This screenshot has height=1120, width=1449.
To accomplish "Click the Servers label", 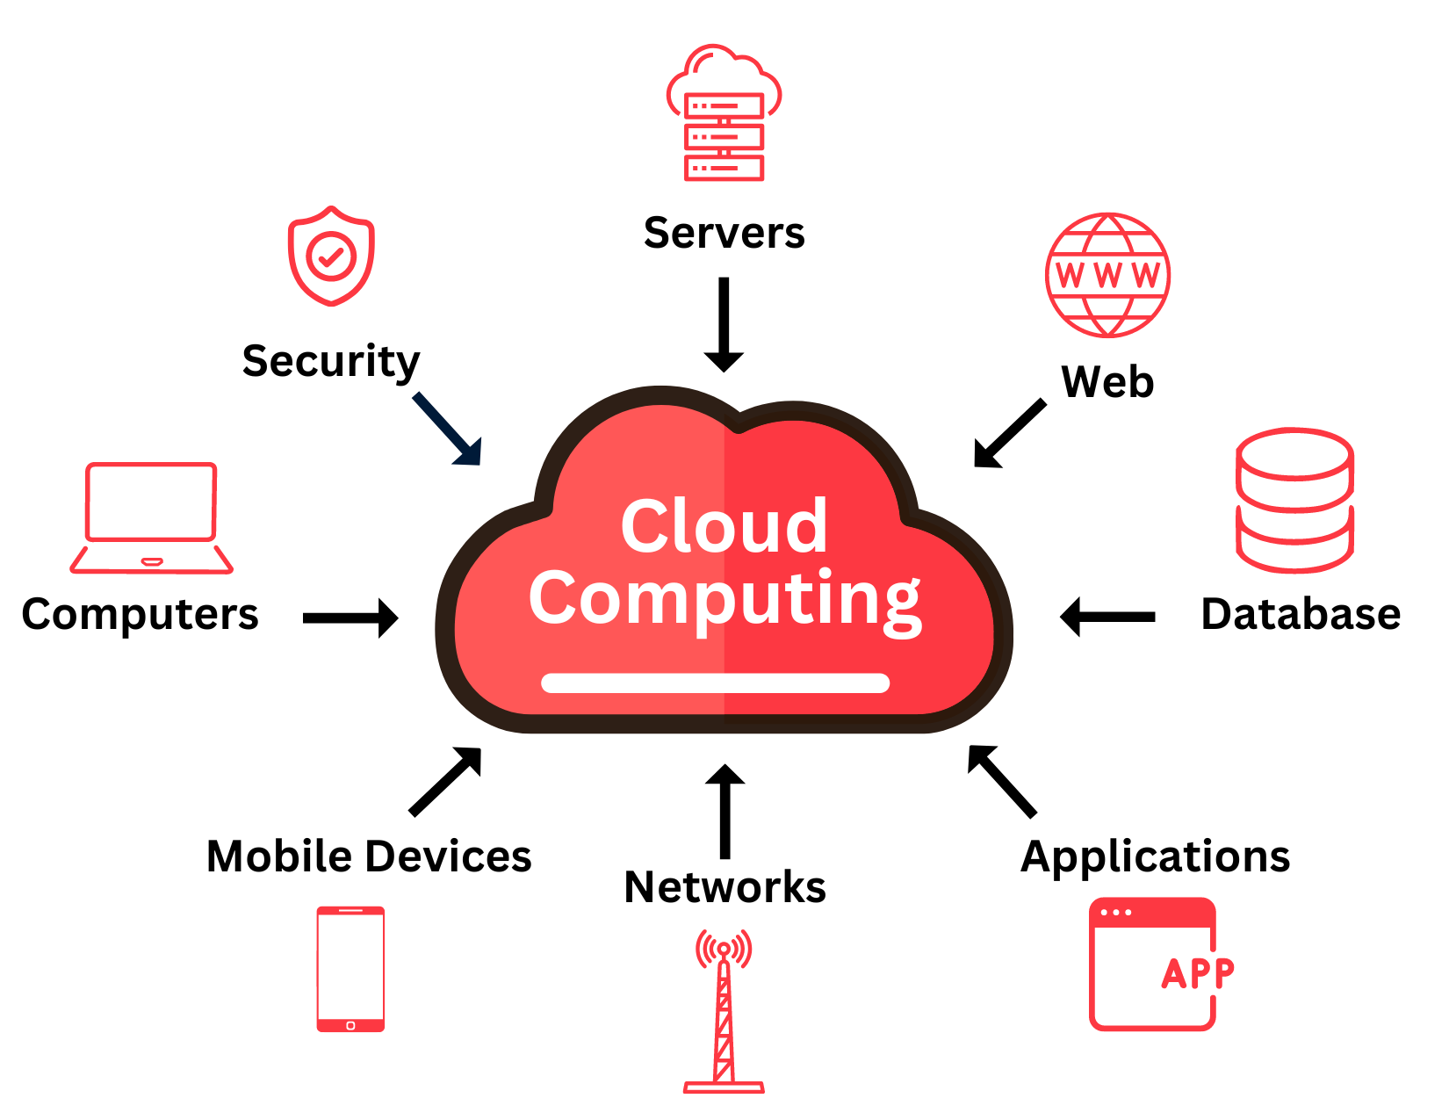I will (x=724, y=234).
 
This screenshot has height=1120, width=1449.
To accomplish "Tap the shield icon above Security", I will (x=331, y=256).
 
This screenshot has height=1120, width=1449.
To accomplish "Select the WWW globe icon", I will (x=1107, y=275).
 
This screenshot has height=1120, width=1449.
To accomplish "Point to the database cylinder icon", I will (x=1294, y=500).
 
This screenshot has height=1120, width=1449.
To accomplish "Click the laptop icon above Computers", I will (x=151, y=517).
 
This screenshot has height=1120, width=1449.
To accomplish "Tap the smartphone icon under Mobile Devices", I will (x=350, y=969).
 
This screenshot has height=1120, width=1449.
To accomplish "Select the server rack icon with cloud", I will (x=724, y=114).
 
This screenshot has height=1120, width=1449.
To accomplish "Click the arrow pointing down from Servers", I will (x=724, y=324).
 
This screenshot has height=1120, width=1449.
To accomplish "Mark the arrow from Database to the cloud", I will (x=1107, y=617).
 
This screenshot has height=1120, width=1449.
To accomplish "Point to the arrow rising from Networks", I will (x=724, y=810).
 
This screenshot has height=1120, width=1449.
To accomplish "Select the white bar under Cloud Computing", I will (x=715, y=683).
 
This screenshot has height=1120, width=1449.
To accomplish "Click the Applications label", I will (x=1155, y=857).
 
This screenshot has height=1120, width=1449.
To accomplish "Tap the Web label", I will (x=1107, y=383).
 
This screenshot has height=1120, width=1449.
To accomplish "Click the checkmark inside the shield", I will (x=331, y=257).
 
